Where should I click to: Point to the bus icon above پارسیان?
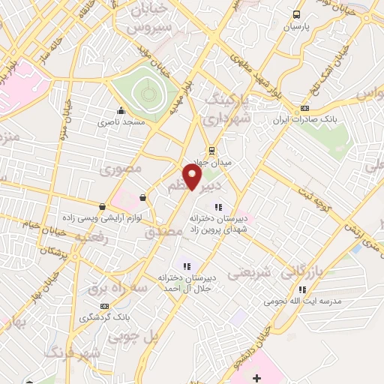(x=298, y=14)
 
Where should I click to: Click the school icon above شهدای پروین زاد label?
(x=218, y=207)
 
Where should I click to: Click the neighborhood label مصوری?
(x=121, y=169)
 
